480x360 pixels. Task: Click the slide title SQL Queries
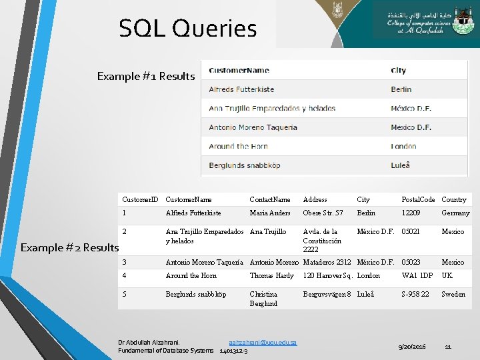tap(187, 29)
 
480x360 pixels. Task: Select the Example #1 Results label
tap(145, 76)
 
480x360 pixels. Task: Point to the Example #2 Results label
tap(69, 247)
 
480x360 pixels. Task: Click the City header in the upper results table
tap(399, 70)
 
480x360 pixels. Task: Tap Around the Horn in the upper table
tap(238, 146)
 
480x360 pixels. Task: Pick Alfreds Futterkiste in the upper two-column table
tap(241, 89)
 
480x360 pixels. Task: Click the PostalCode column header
tap(418, 199)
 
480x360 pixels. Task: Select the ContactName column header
tap(270, 199)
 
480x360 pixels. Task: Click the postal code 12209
tap(411, 213)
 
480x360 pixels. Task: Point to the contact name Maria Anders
tap(270, 213)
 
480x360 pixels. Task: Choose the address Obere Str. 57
tap(323, 213)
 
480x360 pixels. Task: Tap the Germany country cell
tap(455, 213)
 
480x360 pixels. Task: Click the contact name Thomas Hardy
tap(271, 275)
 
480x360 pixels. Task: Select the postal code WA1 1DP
tap(417, 275)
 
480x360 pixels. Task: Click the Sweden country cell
tap(453, 294)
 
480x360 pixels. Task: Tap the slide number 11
tap(449, 347)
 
